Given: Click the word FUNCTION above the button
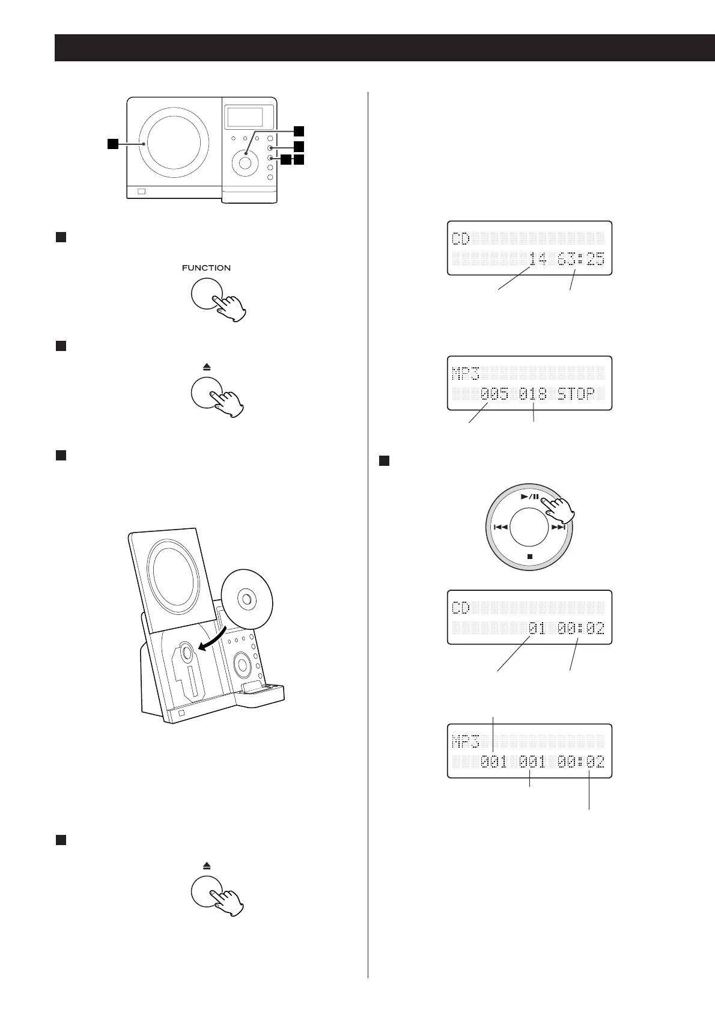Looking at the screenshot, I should click(x=206, y=268).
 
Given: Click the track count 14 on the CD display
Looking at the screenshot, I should click(x=538, y=260).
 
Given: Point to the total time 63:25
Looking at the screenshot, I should click(x=580, y=260).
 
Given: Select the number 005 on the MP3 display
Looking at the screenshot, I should click(x=494, y=394).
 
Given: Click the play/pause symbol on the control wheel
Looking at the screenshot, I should click(x=529, y=496).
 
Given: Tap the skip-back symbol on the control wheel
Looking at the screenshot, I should click(x=500, y=527).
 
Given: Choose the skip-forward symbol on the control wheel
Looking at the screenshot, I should click(x=559, y=527).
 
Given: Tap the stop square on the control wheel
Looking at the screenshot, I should click(x=529, y=557).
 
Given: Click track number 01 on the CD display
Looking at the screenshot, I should click(x=537, y=629).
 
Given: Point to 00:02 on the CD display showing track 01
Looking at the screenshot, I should click(x=580, y=629).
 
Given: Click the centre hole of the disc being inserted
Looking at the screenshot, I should click(x=246, y=600).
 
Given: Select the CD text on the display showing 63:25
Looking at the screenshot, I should click(x=460, y=239).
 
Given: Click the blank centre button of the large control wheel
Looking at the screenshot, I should click(x=529, y=527).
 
